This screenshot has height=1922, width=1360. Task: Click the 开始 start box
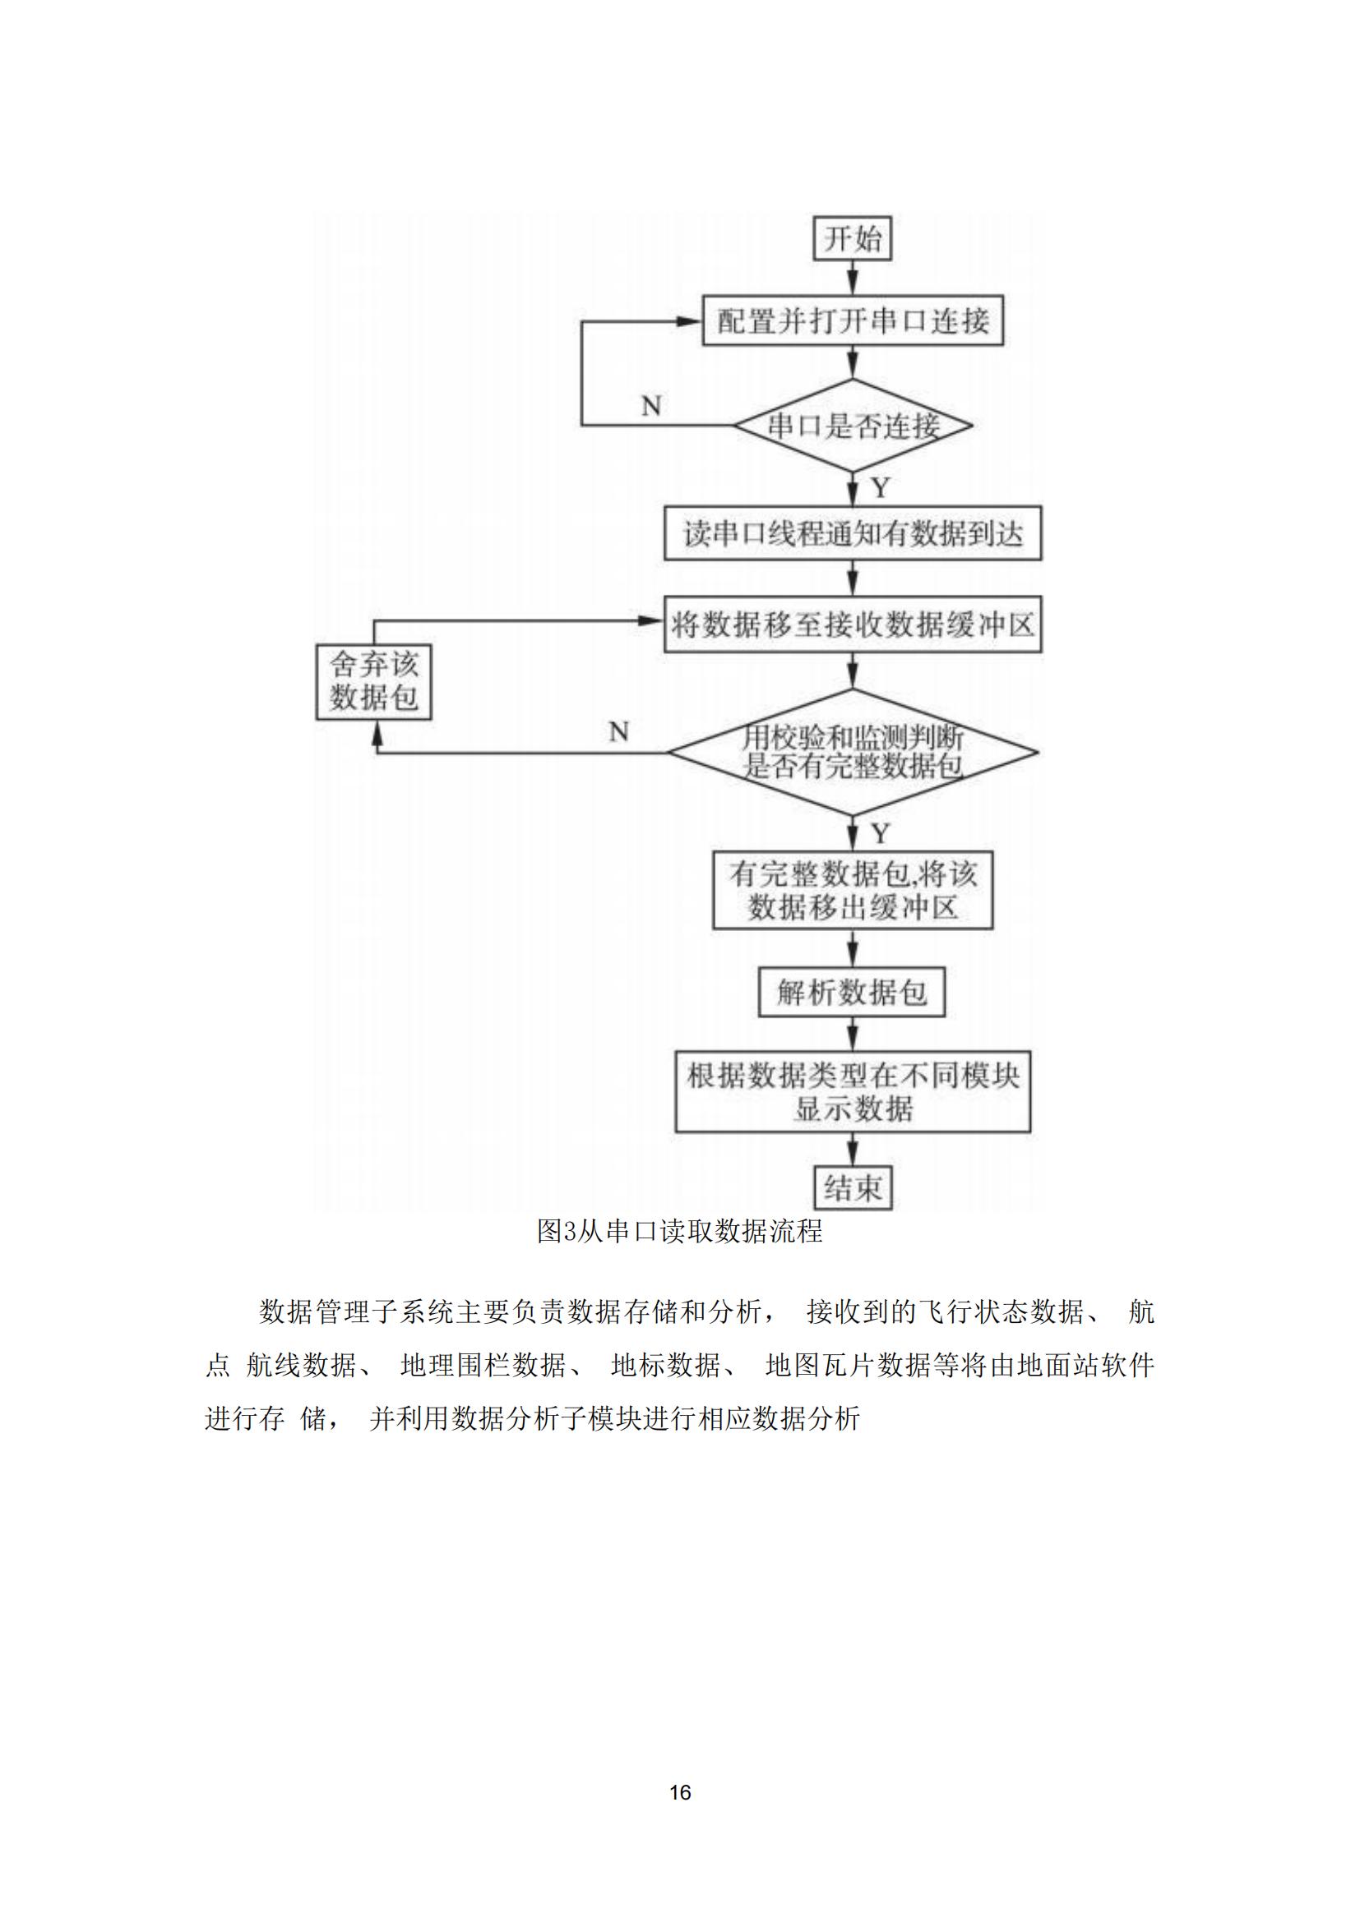(x=853, y=239)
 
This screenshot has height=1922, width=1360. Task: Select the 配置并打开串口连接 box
(x=853, y=320)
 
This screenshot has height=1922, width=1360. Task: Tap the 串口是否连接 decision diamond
(x=853, y=426)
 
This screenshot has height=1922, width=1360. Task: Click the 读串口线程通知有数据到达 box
(x=853, y=533)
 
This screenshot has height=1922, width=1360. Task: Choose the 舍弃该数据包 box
(x=373, y=681)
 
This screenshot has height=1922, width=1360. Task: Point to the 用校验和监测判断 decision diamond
(x=853, y=752)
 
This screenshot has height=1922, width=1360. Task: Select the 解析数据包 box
(x=852, y=993)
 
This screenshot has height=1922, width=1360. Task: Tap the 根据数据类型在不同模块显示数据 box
(x=853, y=1091)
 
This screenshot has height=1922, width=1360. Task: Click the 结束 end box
(x=853, y=1188)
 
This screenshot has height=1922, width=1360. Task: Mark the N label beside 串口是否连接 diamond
(x=651, y=406)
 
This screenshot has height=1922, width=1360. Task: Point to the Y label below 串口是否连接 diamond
(x=880, y=488)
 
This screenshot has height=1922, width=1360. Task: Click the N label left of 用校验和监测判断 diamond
(x=619, y=731)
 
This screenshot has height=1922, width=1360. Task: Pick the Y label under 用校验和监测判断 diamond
(x=880, y=833)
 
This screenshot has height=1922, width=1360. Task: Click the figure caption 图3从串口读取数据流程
(x=680, y=1231)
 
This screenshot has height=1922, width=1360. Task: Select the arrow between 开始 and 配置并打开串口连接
(x=853, y=279)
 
